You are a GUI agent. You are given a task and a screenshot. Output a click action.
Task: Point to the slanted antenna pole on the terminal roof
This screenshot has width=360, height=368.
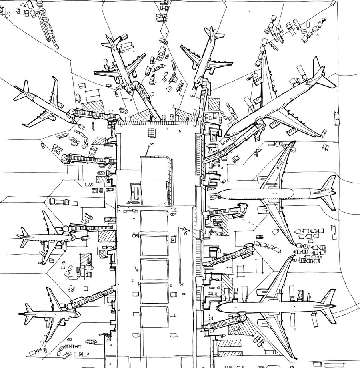(x=148, y=151)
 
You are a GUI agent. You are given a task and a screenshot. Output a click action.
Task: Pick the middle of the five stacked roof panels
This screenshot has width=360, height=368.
(x=154, y=269)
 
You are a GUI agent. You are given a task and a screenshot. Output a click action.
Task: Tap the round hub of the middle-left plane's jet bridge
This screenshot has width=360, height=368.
(x=65, y=229)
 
